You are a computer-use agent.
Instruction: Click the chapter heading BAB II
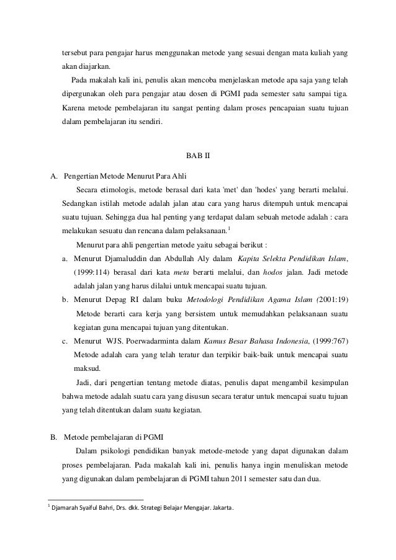199,155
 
